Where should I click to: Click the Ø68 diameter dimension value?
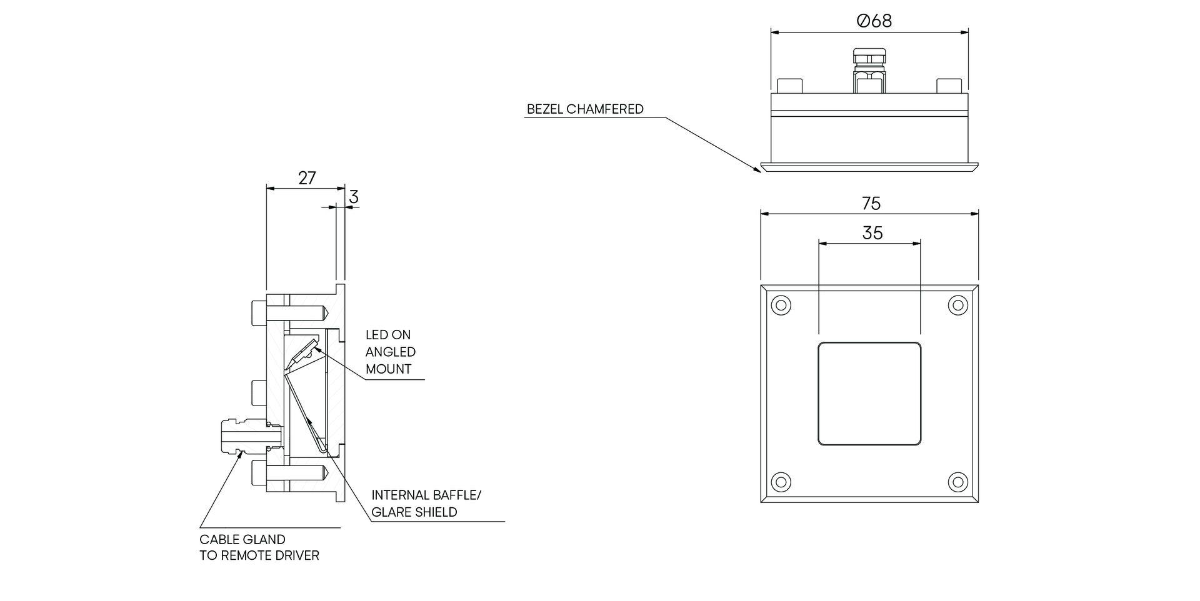pos(874,21)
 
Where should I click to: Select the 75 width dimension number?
pos(871,204)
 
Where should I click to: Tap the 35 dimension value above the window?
pos(872,233)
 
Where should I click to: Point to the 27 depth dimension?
pos(306,178)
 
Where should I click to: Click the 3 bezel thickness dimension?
pos(354,197)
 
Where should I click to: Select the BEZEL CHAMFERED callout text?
pos(585,109)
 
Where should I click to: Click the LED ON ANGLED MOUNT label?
pos(390,352)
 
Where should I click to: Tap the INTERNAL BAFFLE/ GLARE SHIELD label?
pos(426,504)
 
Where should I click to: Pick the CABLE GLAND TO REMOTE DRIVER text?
pos(259,547)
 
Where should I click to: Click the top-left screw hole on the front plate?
pos(781,305)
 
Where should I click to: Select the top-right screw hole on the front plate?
pos(957,305)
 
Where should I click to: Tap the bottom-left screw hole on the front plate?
pos(781,482)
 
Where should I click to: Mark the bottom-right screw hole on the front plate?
pos(957,482)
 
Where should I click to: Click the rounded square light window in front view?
pos(869,394)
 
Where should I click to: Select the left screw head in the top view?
pos(789,86)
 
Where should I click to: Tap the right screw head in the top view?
pos(949,86)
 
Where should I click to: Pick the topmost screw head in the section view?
pos(259,312)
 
